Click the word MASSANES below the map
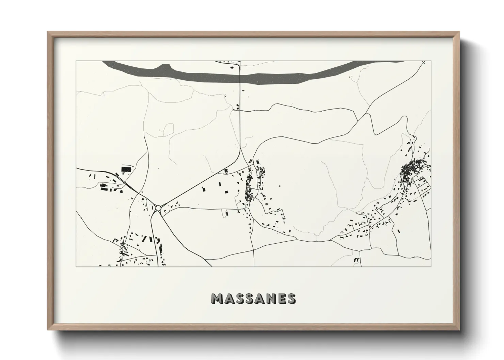click(x=253, y=298)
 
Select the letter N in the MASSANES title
click(x=269, y=298)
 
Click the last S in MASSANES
click(x=291, y=298)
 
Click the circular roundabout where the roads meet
click(x=158, y=208)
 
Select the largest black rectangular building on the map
click(x=126, y=169)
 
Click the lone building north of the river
click(x=233, y=67)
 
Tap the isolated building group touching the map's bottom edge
click(x=357, y=260)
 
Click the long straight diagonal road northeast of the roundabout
click(x=201, y=184)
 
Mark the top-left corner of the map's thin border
click(x=76, y=61)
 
